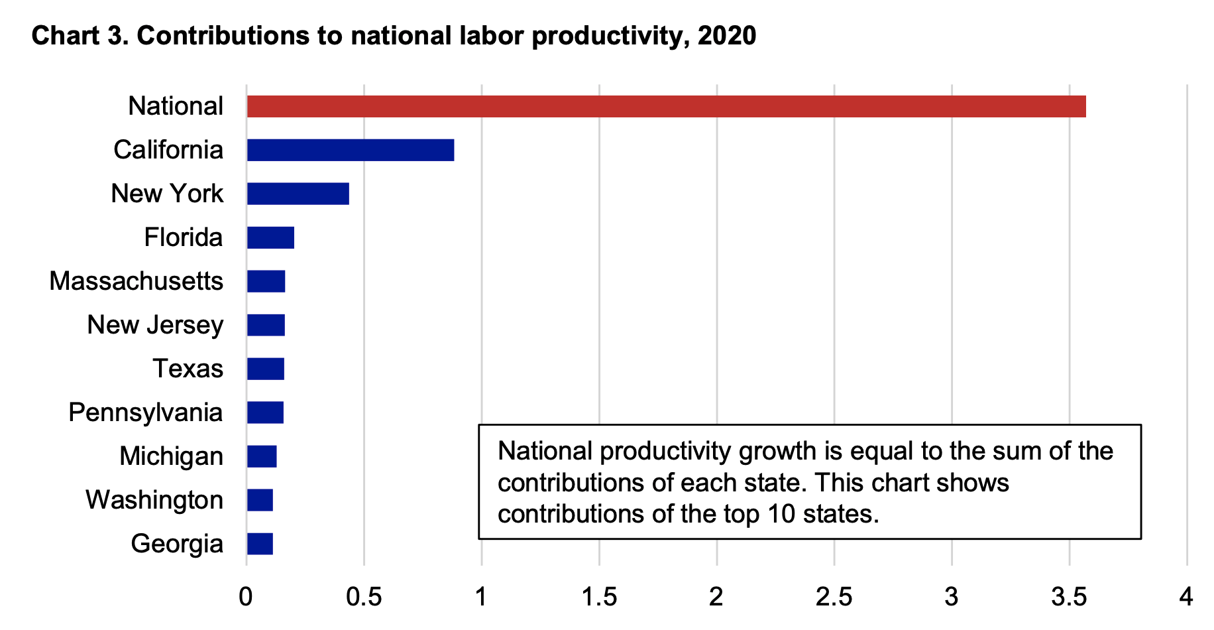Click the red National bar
pyautogui.click(x=666, y=106)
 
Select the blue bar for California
pyautogui.click(x=351, y=150)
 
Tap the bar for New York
pyautogui.click(x=298, y=194)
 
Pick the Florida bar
pyautogui.click(x=270, y=237)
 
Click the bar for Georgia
pyautogui.click(x=260, y=544)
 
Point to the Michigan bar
pyautogui.click(x=262, y=456)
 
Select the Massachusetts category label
pyautogui.click(x=136, y=281)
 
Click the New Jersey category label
pyautogui.click(x=155, y=325)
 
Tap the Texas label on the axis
pyautogui.click(x=188, y=369)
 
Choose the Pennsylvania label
pyautogui.click(x=145, y=412)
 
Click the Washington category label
pyautogui.click(x=154, y=500)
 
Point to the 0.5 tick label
pyautogui.click(x=364, y=598)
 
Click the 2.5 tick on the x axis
pyautogui.click(x=834, y=598)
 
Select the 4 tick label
pyautogui.click(x=1186, y=598)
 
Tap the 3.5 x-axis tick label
pyautogui.click(x=1069, y=598)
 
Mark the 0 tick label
pyautogui.click(x=246, y=598)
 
